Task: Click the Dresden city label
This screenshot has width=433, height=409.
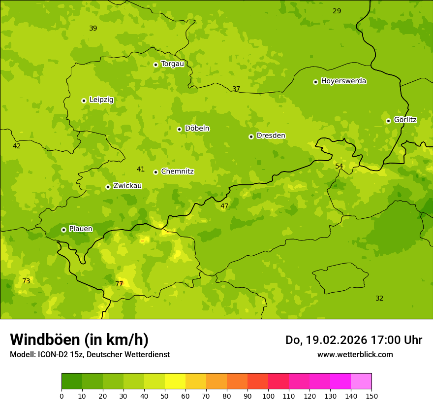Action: [271, 136]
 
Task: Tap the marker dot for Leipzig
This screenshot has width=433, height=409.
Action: [84, 101]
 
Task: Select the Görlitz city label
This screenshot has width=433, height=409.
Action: [405, 120]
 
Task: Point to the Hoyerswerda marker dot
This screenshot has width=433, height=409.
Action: [315, 82]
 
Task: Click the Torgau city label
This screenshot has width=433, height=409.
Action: [172, 64]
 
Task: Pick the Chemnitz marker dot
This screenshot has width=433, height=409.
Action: [155, 172]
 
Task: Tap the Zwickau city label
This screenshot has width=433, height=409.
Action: [127, 186]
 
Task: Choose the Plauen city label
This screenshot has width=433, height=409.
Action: [81, 229]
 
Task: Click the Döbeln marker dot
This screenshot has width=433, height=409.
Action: [179, 129]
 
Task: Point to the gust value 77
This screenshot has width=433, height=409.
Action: [119, 284]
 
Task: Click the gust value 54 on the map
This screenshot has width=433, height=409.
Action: [339, 166]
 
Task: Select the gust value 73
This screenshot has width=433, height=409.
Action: [26, 281]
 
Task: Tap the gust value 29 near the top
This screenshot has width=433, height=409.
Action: [337, 11]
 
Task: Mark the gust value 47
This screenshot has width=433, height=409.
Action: [224, 206]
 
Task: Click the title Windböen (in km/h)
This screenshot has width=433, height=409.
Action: [79, 340]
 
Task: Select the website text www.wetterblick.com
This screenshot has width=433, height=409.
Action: [355, 354]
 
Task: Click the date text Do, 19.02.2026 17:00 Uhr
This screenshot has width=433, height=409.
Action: [354, 340]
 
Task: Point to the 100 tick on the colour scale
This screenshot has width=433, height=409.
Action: [268, 396]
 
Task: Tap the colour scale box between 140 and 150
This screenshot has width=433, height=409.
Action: [361, 381]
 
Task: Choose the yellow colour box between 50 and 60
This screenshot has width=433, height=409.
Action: [175, 381]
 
